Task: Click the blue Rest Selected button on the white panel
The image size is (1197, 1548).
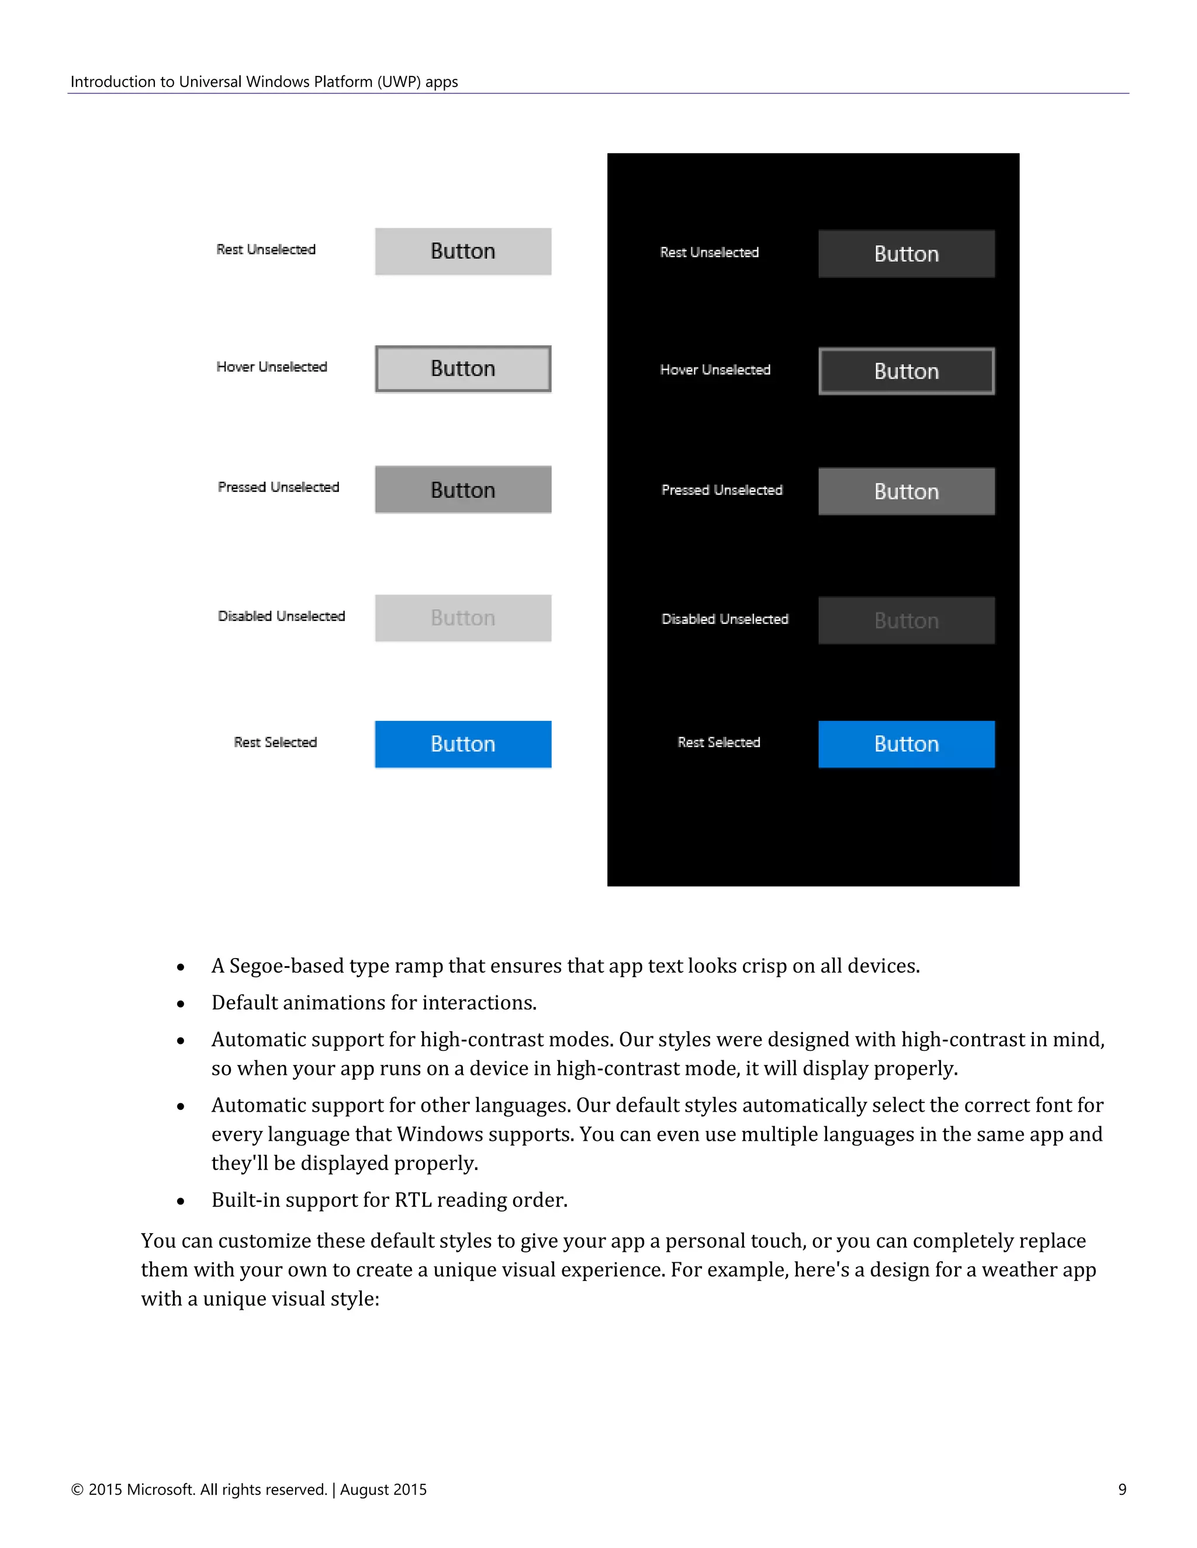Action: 462,744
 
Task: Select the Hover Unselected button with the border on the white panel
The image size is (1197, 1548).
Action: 462,369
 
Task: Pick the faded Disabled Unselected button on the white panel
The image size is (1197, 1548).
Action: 462,617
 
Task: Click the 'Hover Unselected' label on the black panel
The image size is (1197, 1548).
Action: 714,369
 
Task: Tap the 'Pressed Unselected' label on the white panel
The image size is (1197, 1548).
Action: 278,487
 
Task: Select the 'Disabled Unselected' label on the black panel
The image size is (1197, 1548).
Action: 724,619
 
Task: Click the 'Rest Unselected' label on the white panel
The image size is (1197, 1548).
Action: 265,249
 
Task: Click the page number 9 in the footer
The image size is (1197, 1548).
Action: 1122,1489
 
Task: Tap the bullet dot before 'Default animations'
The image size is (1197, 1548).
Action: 181,1004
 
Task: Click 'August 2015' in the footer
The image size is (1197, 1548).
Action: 383,1489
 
